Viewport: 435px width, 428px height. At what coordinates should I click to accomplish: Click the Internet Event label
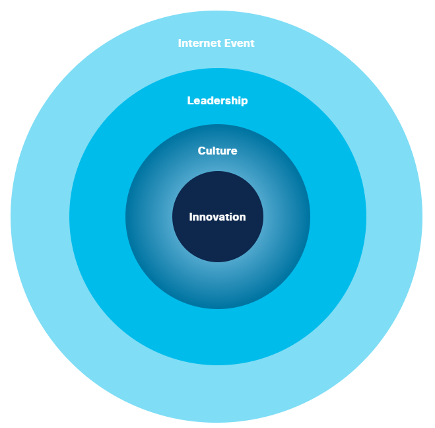point(216,44)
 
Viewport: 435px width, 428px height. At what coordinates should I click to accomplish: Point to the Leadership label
point(217,101)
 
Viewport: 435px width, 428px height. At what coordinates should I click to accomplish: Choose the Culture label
point(217,151)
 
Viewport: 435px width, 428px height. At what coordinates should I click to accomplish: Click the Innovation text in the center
point(217,217)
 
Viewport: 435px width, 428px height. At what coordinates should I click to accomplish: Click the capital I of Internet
point(180,44)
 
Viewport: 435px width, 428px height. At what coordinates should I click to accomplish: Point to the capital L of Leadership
point(190,101)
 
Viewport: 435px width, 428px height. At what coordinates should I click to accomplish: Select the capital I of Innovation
point(191,217)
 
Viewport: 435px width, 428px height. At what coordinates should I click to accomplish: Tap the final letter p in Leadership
point(244,102)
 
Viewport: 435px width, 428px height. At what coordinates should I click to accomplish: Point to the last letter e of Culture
point(234,152)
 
